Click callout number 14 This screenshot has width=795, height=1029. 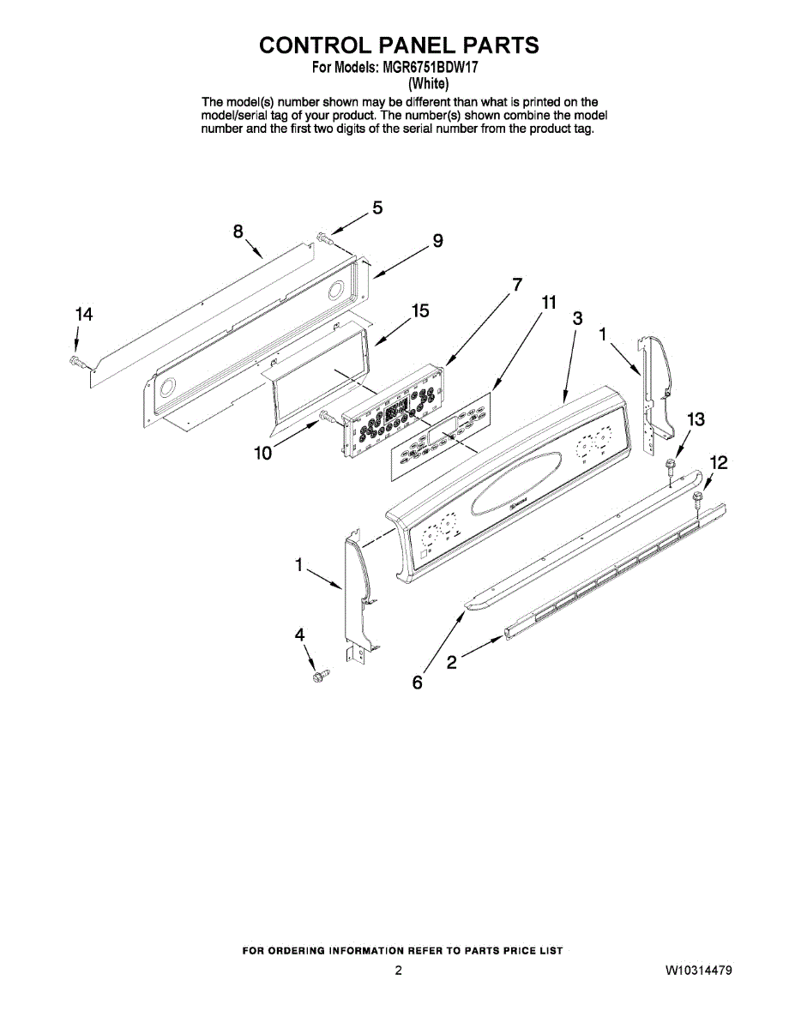[82, 316]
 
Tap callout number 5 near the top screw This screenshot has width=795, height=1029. [377, 208]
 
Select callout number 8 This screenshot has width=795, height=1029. [238, 231]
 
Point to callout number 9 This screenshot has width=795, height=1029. [437, 242]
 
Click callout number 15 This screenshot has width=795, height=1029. [420, 311]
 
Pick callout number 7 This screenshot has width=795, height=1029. [517, 284]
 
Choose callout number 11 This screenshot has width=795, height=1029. [549, 302]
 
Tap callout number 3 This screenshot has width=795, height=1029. [578, 318]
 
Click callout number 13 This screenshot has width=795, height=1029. [696, 419]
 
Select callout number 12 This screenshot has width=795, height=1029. [719, 463]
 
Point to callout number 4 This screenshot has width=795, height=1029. [300, 635]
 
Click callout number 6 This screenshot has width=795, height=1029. [418, 683]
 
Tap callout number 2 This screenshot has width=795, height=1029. [452, 662]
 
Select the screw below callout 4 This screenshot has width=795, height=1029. [320, 677]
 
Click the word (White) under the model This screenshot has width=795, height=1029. [428, 83]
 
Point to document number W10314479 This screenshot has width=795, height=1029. [698, 971]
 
